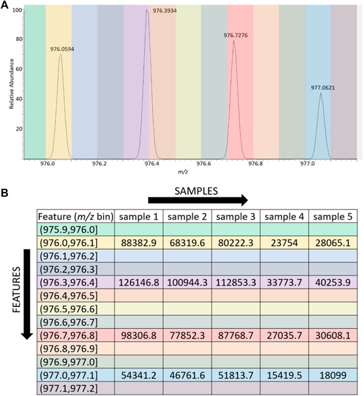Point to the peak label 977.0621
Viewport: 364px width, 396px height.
322,88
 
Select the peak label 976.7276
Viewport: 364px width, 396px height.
236,35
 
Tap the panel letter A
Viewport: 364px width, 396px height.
5,5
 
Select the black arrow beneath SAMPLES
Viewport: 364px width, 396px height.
198,200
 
